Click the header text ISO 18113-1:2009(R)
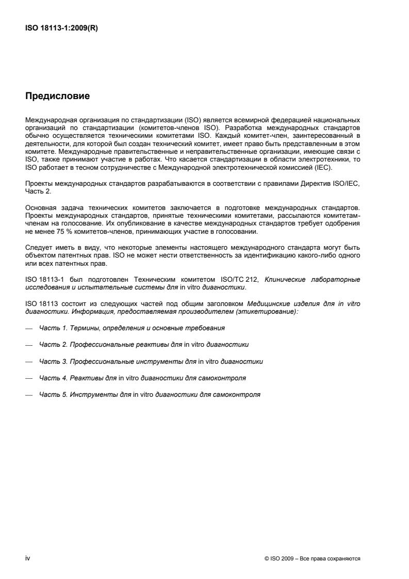(x=62, y=29)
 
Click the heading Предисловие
(x=58, y=96)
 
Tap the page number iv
(x=28, y=558)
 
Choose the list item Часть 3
(x=151, y=361)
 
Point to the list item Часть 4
(x=142, y=378)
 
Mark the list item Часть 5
(x=150, y=395)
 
